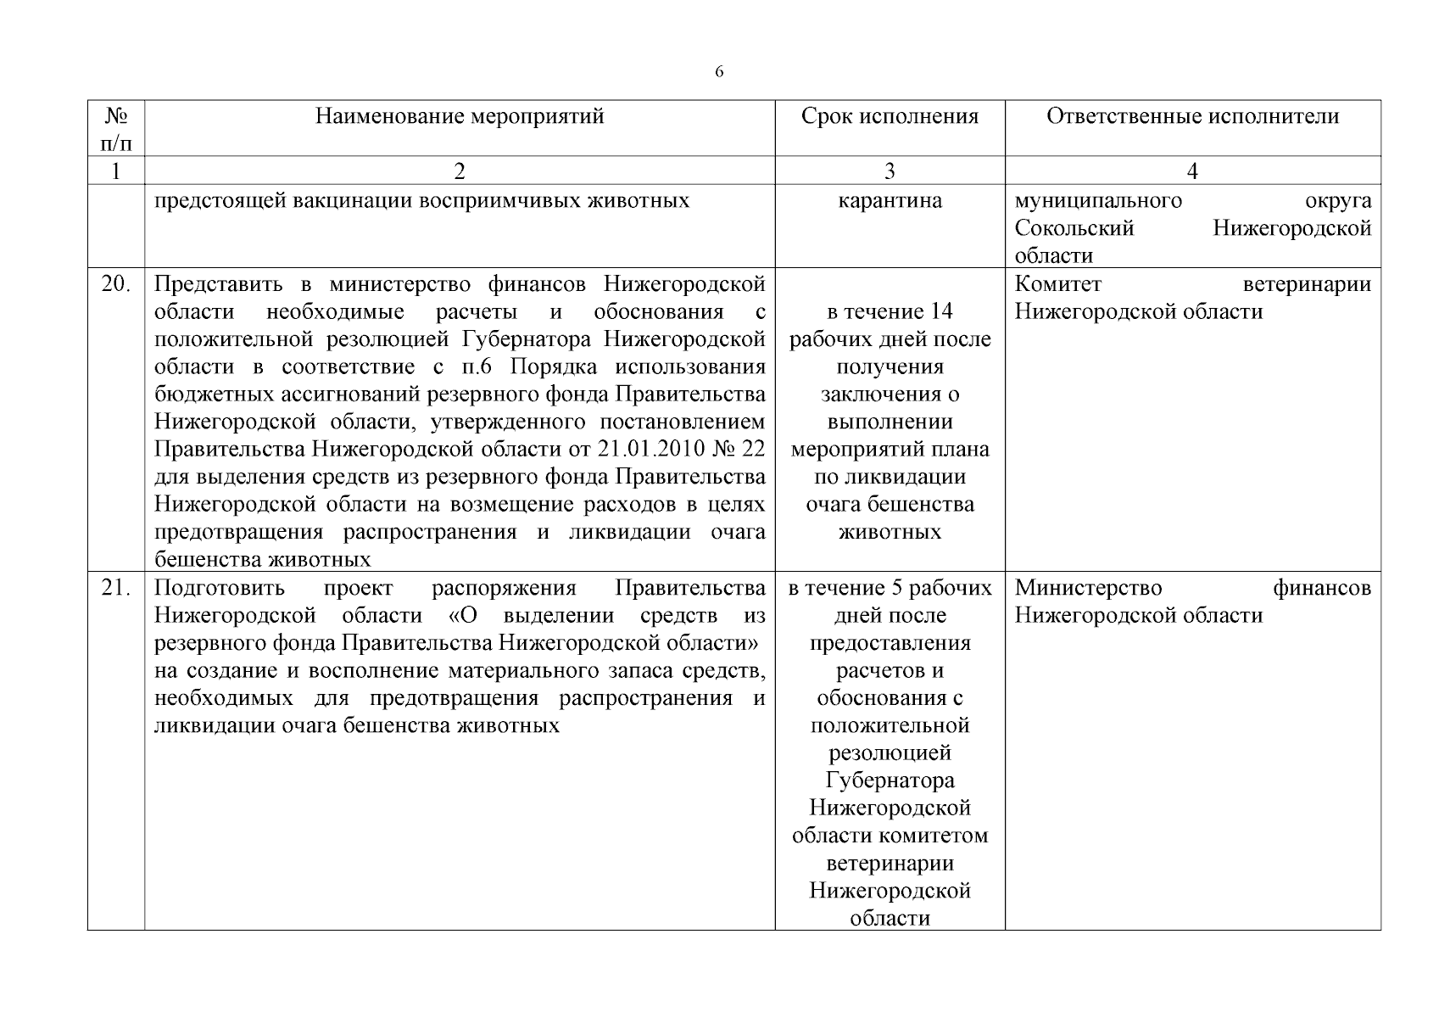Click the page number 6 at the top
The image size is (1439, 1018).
click(719, 72)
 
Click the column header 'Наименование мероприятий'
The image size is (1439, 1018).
click(460, 116)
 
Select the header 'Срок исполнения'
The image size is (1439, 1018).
click(890, 116)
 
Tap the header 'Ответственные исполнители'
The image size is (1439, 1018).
click(1192, 116)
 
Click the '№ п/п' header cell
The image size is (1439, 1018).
click(116, 128)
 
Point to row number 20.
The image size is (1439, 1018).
click(116, 284)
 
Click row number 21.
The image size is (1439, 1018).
click(116, 588)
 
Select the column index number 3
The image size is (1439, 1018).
click(890, 171)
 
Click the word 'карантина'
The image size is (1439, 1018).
click(890, 201)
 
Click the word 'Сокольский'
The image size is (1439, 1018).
click(1074, 228)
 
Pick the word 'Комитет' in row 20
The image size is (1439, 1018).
click(1057, 284)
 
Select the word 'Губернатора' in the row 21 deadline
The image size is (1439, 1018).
click(890, 780)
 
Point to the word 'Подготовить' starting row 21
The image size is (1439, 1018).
click(220, 588)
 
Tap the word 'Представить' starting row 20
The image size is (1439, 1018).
click(220, 284)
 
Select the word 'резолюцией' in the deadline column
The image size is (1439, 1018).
click(890, 753)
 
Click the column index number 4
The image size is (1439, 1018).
click(1192, 171)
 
